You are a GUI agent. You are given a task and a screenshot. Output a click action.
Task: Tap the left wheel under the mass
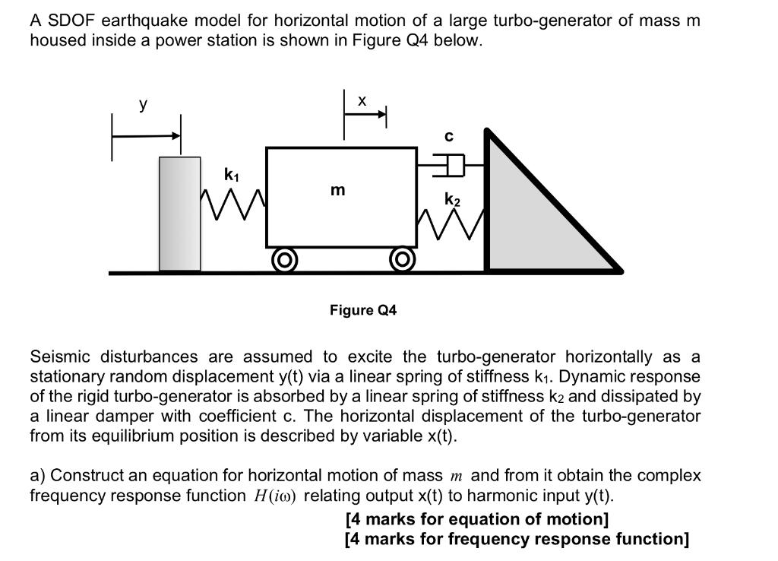[x=284, y=261]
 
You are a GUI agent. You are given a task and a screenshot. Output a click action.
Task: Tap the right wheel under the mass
[x=401, y=261]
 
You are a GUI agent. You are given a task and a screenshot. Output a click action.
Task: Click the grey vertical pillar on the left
[x=180, y=214]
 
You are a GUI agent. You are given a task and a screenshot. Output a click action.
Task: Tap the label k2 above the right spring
[x=452, y=200]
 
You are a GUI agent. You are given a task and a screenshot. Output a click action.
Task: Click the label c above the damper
[x=449, y=137]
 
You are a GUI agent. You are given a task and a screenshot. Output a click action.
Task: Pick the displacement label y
[x=143, y=106]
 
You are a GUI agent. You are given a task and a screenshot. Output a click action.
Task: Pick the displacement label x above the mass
[x=362, y=100]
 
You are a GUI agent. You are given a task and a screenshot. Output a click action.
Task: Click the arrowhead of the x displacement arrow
[x=382, y=114]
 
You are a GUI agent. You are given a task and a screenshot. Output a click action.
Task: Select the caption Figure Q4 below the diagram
[x=363, y=310]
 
